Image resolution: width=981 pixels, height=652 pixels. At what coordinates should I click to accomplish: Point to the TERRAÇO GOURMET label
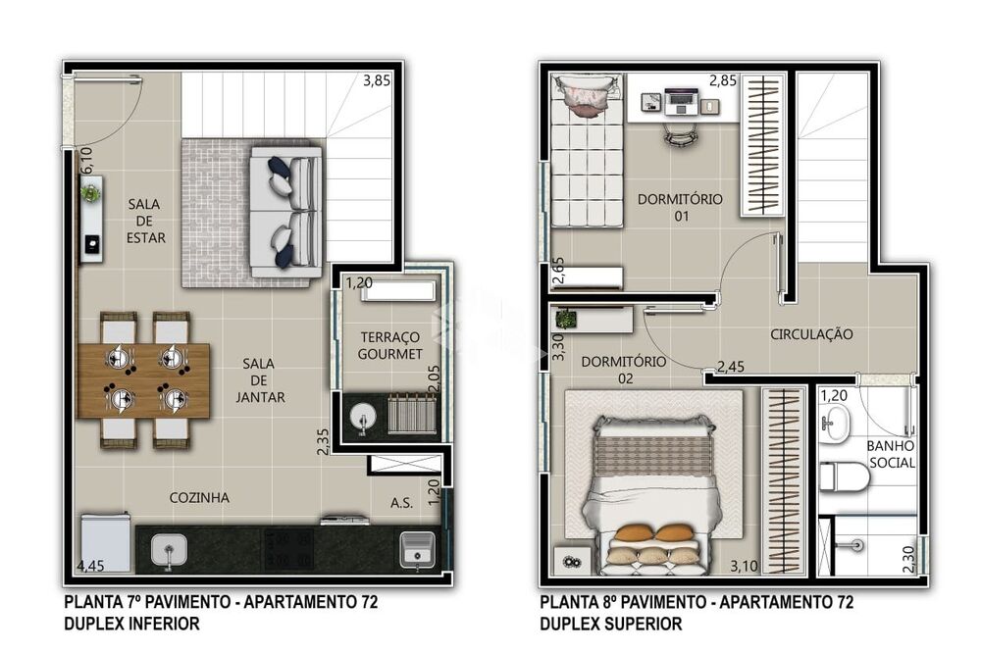(x=389, y=345)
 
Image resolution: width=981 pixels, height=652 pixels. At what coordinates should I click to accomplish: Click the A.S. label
(x=400, y=503)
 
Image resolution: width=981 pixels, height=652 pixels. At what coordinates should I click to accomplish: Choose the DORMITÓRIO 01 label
(x=679, y=207)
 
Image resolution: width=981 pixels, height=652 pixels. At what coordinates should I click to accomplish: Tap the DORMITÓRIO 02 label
(x=623, y=370)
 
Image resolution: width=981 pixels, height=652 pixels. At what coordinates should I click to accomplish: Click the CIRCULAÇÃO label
(x=811, y=334)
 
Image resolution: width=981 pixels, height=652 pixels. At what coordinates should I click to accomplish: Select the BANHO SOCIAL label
(x=891, y=454)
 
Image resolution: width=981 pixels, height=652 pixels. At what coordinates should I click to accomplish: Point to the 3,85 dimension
(x=377, y=81)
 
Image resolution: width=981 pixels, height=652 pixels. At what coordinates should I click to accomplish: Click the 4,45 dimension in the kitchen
(x=91, y=566)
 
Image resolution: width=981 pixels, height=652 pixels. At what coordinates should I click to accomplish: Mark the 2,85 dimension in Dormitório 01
(x=723, y=80)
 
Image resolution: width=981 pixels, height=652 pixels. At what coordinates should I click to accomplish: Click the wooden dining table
(x=143, y=379)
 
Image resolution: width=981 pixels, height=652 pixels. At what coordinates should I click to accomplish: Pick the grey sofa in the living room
(x=284, y=211)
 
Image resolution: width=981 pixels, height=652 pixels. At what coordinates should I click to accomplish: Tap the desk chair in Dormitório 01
(x=676, y=133)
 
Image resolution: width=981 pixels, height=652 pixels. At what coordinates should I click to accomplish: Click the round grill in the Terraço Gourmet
(x=363, y=417)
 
